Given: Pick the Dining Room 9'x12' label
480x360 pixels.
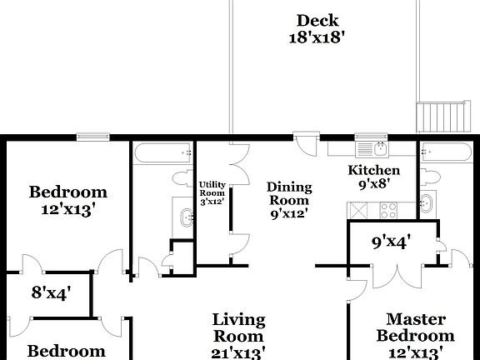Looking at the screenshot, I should [289, 199].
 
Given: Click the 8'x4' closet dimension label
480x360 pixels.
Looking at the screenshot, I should [52, 292].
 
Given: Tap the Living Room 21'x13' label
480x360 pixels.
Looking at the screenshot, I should [238, 336].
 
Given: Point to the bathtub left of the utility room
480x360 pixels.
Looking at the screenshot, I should [162, 152].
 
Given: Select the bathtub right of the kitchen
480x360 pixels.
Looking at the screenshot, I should [445, 152].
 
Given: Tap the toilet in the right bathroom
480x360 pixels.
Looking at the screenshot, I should [429, 177].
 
